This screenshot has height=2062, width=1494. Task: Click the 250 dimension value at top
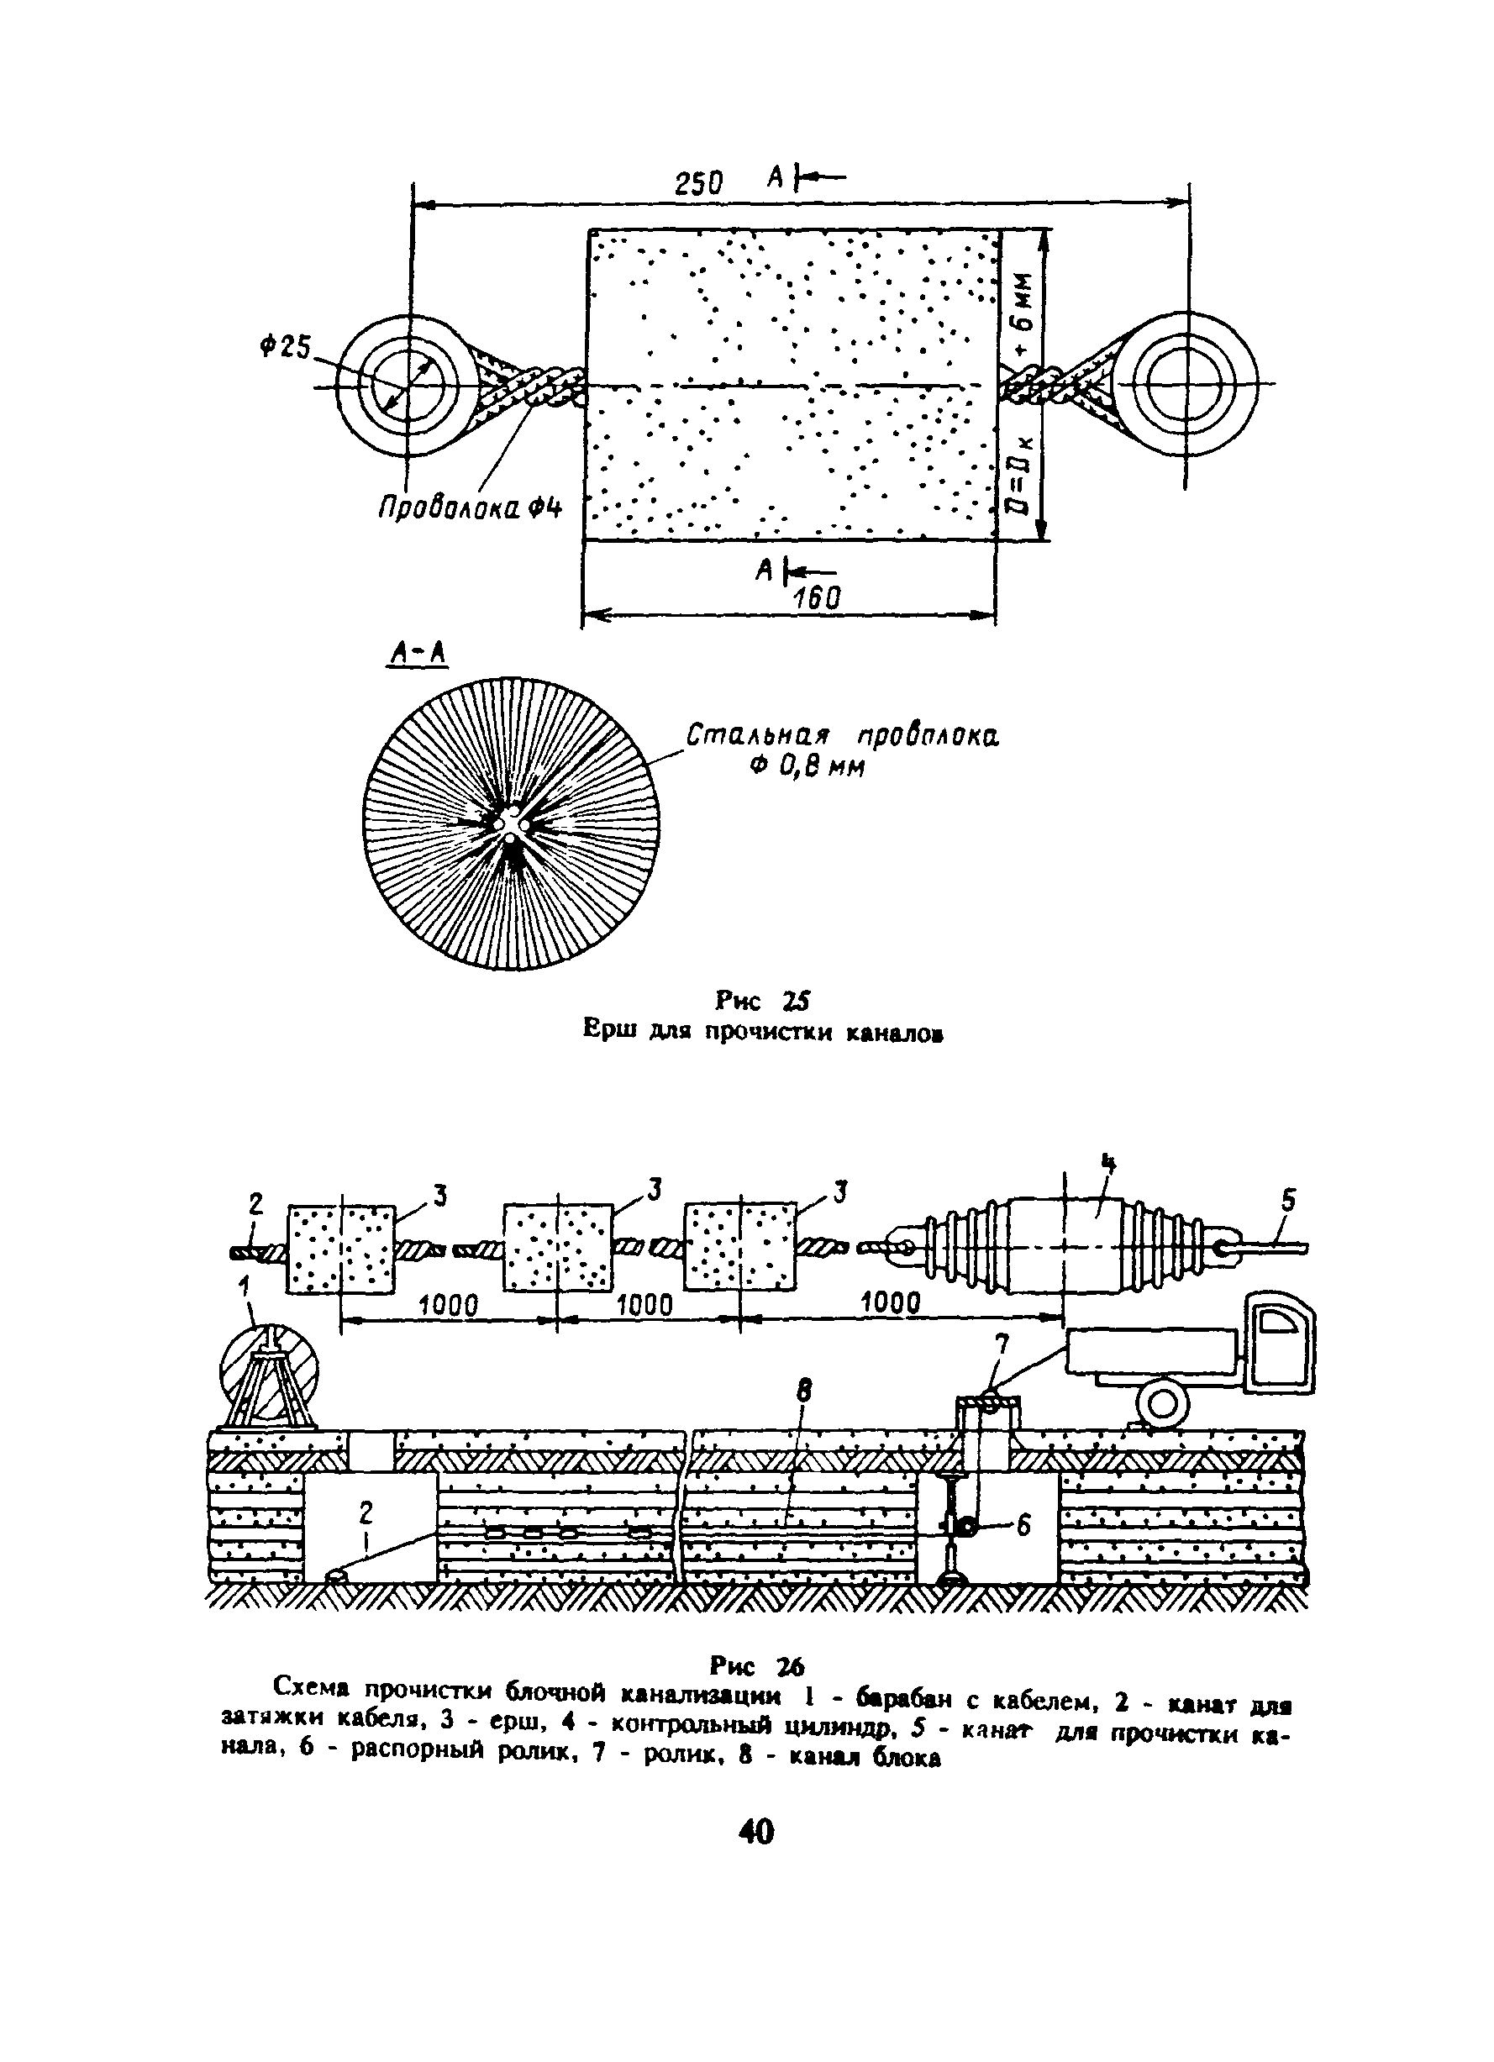(698, 184)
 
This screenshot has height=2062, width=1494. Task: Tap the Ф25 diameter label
(285, 346)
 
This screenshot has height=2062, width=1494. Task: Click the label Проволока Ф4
(470, 507)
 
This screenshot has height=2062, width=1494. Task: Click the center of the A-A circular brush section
(511, 823)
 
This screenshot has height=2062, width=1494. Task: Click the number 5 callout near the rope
(1287, 1202)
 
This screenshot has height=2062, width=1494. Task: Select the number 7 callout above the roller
(1001, 1344)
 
